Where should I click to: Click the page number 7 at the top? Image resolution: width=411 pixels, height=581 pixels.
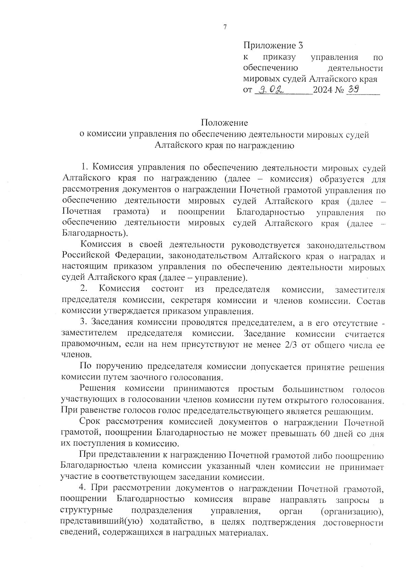225,28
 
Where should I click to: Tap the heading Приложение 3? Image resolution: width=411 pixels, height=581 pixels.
273,45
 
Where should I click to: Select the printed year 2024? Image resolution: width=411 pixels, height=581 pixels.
325,90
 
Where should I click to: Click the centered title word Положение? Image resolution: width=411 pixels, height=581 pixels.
224,122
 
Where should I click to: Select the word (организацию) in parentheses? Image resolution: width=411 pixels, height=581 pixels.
352,511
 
